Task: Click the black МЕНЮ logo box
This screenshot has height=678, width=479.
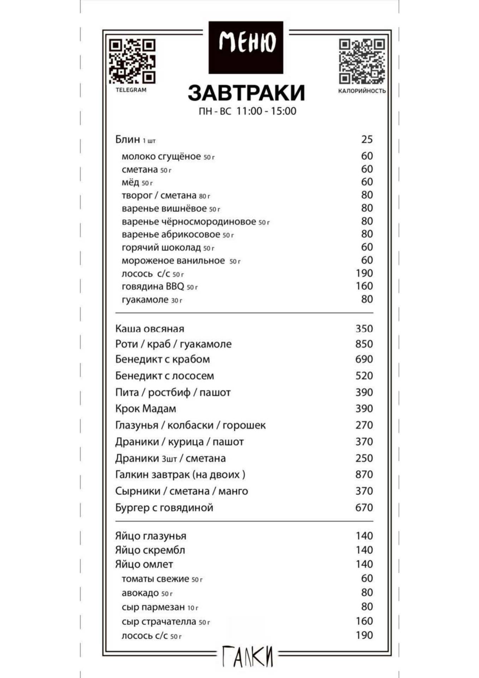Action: coord(246,47)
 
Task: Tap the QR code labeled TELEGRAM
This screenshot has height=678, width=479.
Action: coord(132,61)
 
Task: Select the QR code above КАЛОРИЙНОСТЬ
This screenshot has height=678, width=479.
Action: coord(361,61)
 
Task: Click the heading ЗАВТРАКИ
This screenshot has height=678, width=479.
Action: coord(246,93)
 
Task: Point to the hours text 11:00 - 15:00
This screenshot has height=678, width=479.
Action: coord(266,111)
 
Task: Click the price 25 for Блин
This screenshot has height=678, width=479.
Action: coord(367,139)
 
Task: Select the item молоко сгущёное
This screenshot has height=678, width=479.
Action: coord(161,156)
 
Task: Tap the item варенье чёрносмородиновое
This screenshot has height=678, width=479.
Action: coord(189,222)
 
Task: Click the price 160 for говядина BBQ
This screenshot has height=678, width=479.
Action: coord(364,286)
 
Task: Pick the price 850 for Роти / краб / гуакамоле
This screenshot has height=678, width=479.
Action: coord(364,344)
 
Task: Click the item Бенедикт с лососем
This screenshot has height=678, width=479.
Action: coord(164,376)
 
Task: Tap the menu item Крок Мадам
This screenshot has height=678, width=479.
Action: coord(145,409)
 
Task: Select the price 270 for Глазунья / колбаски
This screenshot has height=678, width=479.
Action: coord(364,425)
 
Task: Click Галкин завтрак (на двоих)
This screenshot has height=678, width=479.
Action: coord(180,475)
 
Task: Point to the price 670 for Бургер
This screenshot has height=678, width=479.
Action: coord(364,507)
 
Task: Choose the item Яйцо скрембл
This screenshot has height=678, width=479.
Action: coord(150,550)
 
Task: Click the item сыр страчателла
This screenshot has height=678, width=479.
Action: coord(159,621)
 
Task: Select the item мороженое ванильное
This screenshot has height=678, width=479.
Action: coord(173,261)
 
